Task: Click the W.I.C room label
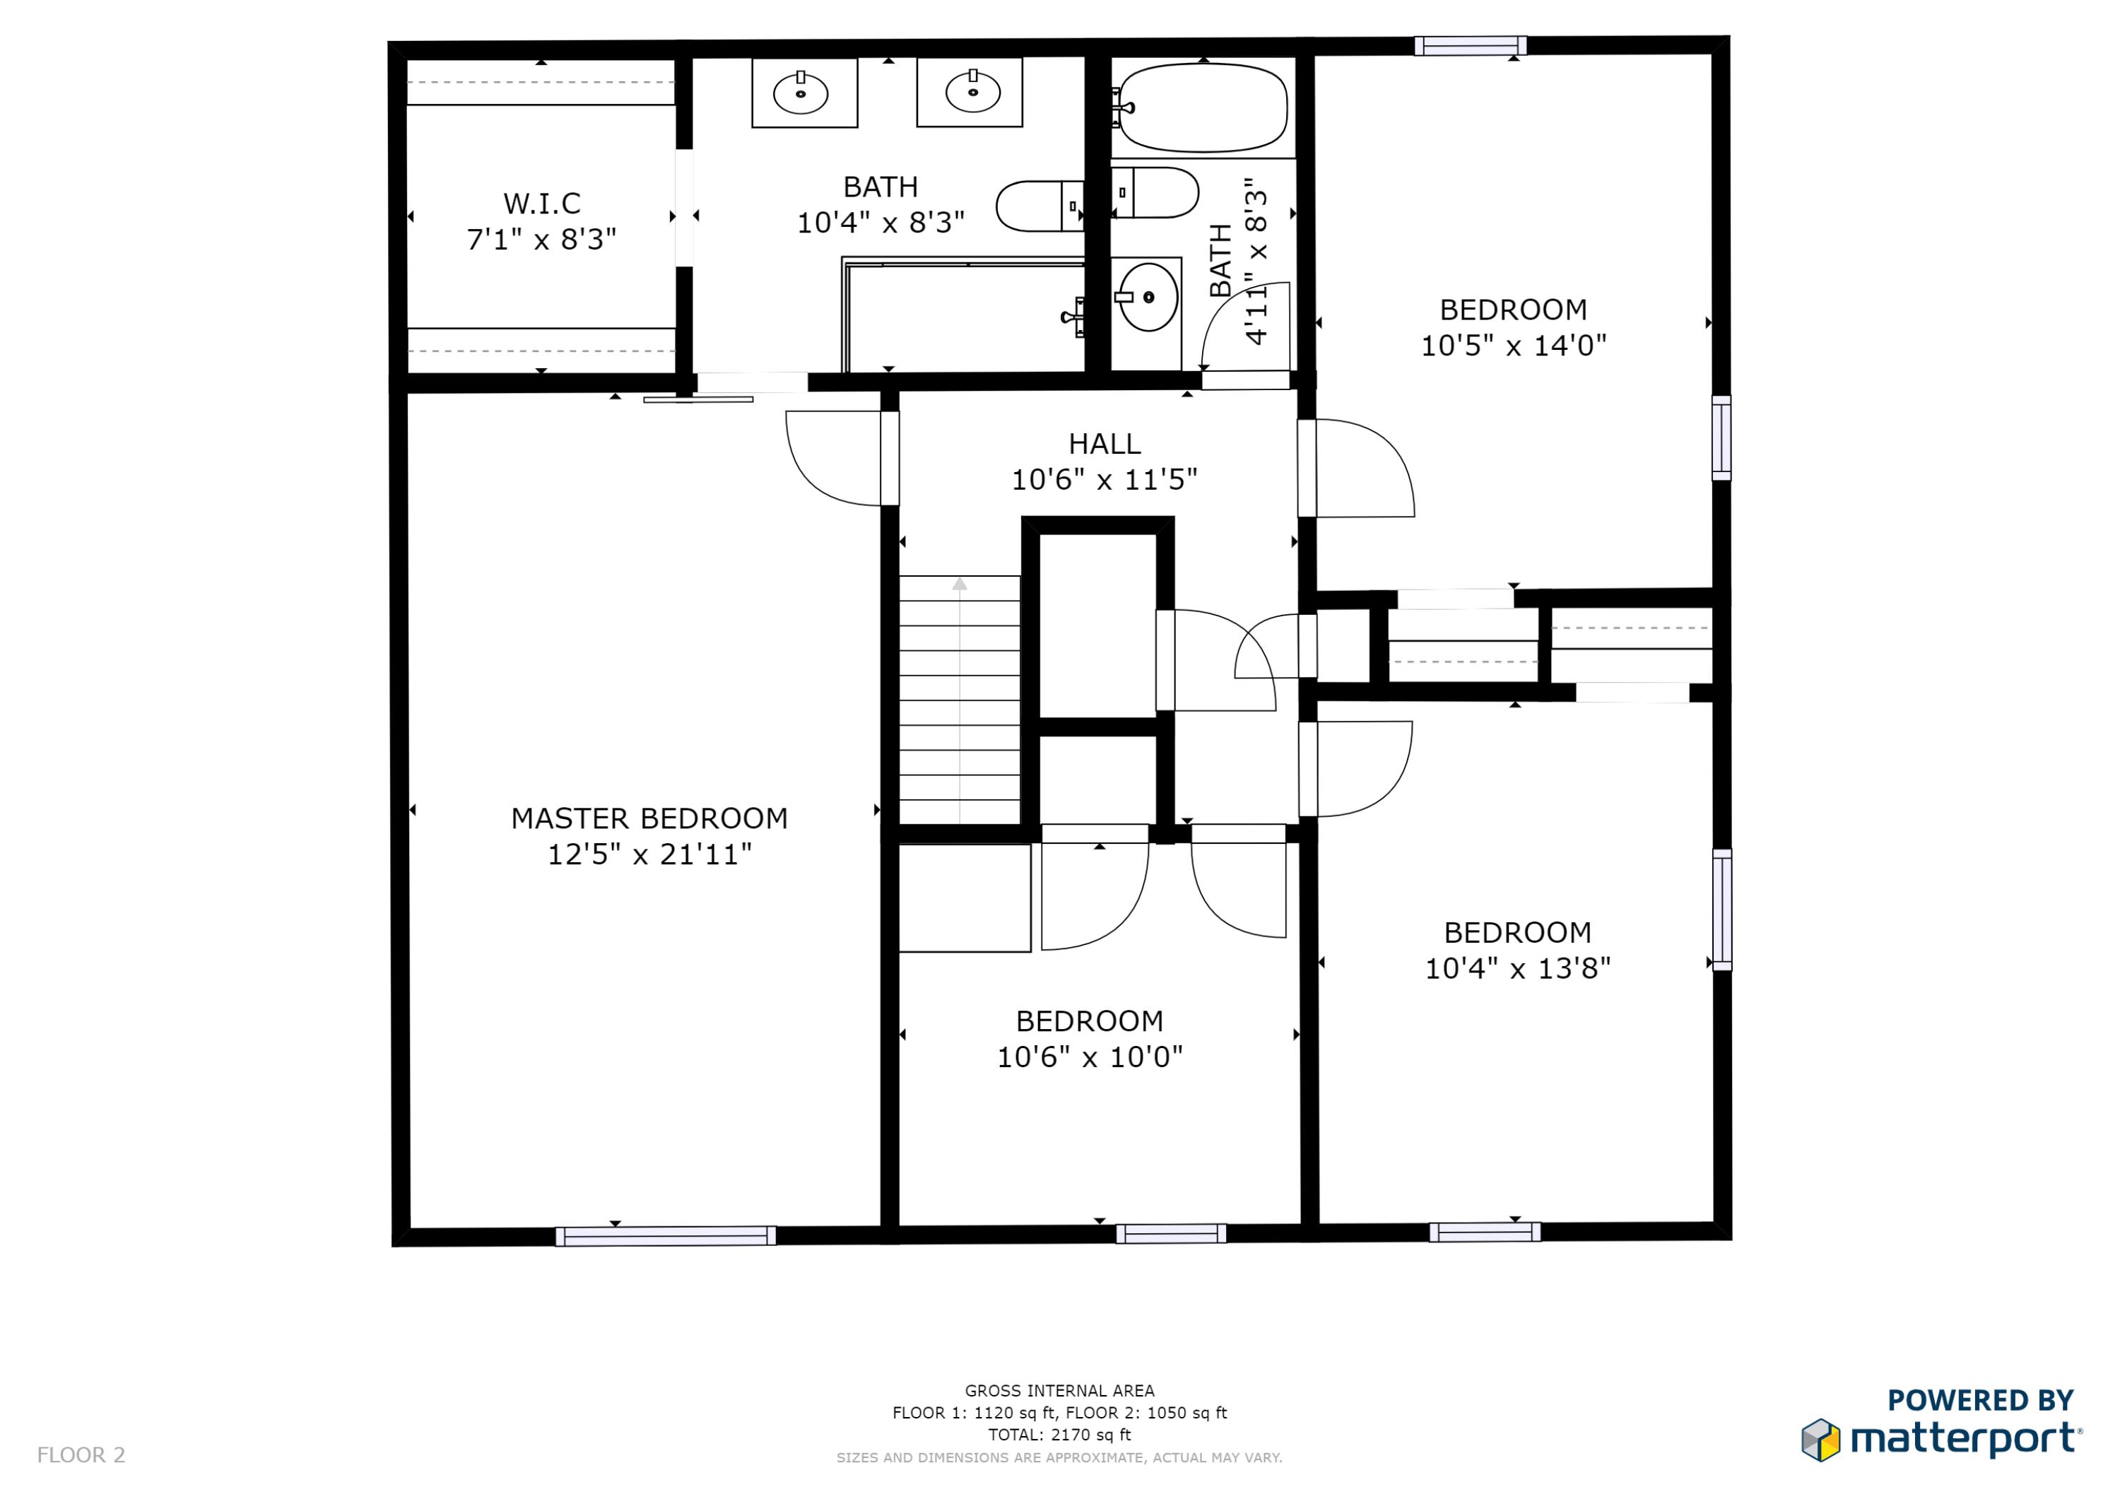click(542, 204)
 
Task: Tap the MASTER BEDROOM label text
click(649, 818)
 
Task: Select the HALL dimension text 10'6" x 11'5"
click(1105, 479)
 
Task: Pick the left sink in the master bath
click(801, 93)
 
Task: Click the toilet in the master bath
click(1039, 206)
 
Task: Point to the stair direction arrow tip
click(960, 584)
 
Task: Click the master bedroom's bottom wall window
click(666, 1236)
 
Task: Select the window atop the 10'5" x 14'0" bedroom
click(1470, 46)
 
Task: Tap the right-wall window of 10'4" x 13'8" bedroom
click(1722, 910)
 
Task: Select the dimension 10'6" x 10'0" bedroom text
click(1090, 1057)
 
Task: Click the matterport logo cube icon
click(1820, 1440)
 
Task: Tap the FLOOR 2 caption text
click(81, 1454)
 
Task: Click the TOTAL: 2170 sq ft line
click(1059, 1435)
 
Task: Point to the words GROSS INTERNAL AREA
click(1059, 1390)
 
